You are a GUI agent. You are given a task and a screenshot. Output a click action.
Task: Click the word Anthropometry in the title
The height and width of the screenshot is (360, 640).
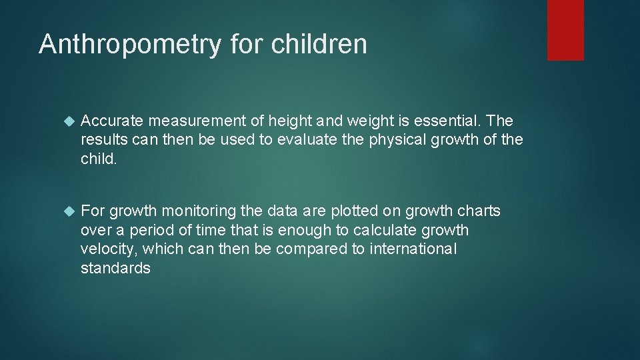[130, 45]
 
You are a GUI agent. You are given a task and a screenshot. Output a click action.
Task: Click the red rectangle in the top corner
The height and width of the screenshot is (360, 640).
[565, 30]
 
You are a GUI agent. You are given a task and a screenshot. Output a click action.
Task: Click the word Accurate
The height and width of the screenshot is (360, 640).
[112, 121]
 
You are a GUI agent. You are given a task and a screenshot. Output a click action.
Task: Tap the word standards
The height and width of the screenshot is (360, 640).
[115, 269]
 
